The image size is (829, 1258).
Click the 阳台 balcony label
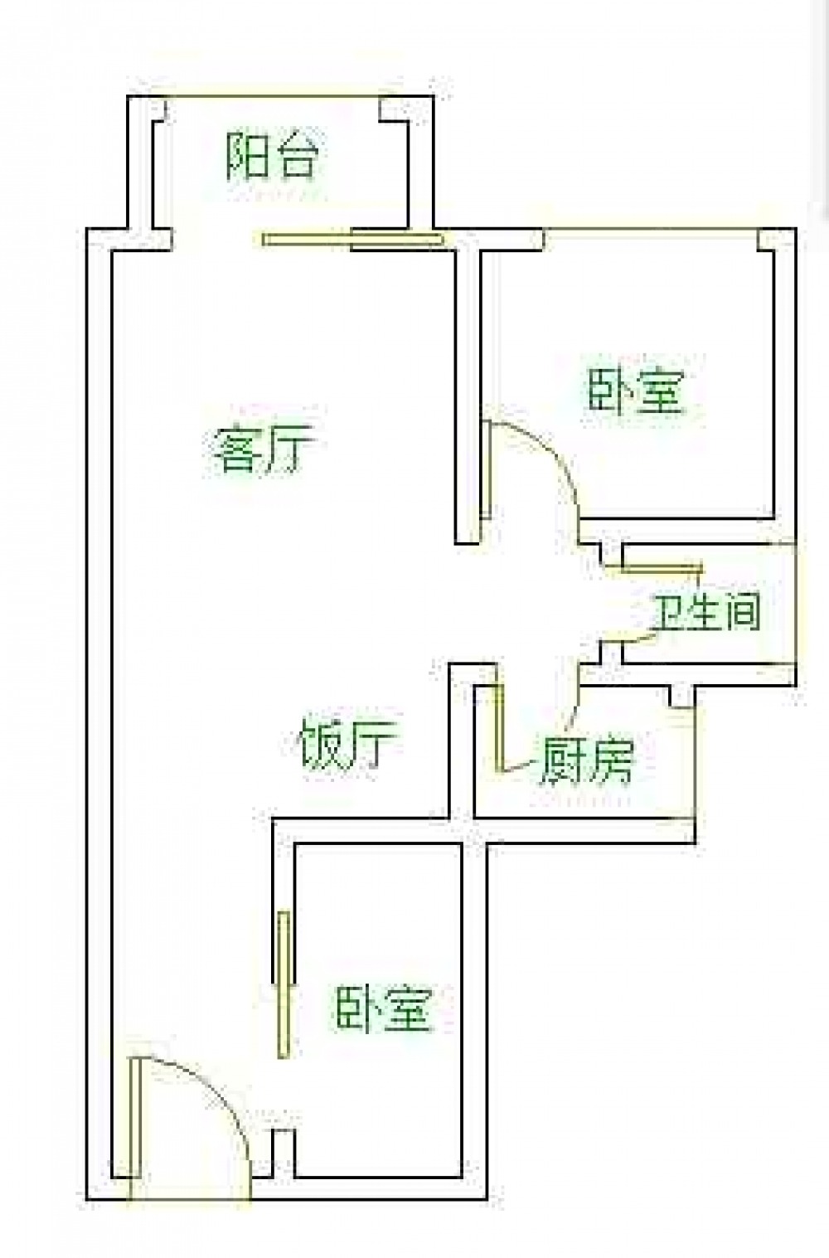274,156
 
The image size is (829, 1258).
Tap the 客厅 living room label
264,448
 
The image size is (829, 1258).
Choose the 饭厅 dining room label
350,743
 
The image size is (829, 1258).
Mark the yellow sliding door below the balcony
352,240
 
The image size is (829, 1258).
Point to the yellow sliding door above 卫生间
662,569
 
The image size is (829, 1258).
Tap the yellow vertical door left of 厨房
499,728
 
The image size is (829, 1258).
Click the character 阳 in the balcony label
248,156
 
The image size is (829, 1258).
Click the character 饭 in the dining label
324,743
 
